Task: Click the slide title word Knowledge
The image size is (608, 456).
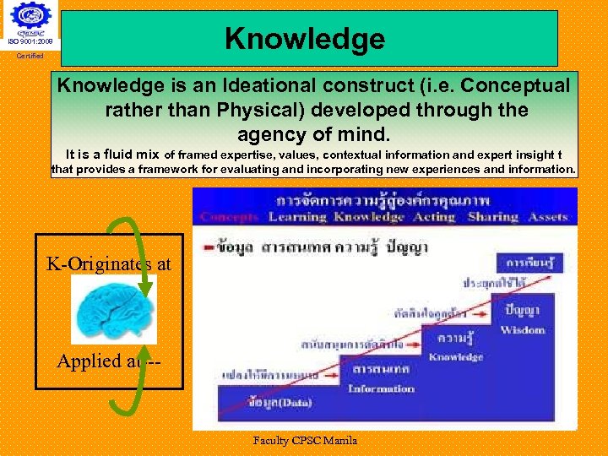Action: (305, 38)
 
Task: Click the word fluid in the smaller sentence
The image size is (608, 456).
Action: (125, 154)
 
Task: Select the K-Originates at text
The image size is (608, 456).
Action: (108, 264)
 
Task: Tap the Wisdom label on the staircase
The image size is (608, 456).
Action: (523, 330)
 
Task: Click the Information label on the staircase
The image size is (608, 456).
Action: (381, 389)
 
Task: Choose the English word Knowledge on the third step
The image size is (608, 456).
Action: (454, 357)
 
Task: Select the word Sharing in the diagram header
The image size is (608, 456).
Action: (492, 217)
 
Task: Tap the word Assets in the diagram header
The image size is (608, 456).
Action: (548, 217)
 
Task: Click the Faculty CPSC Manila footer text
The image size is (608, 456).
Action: (305, 440)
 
